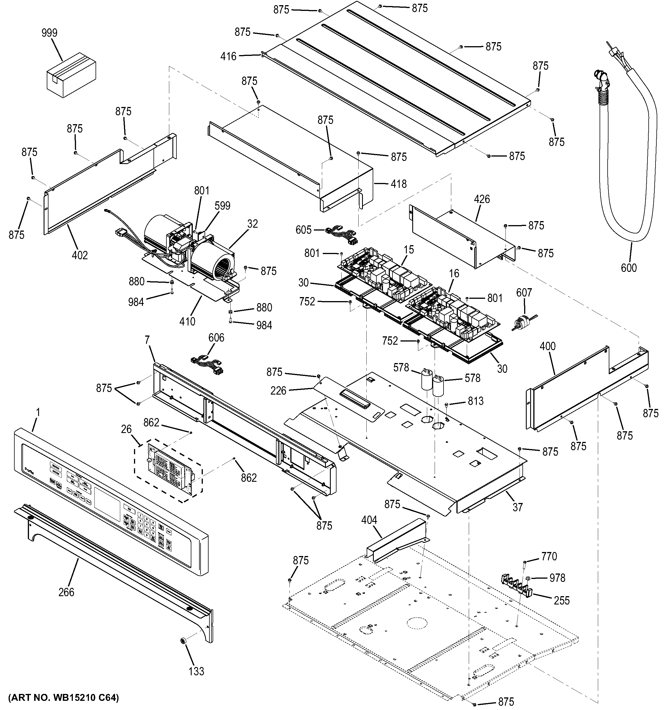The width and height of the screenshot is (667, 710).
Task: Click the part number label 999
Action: pyautogui.click(x=49, y=33)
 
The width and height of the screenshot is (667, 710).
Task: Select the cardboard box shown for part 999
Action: pyautogui.click(x=71, y=74)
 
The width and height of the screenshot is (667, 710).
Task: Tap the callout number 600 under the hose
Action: pyautogui.click(x=629, y=268)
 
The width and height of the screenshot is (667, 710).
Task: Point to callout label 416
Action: pyautogui.click(x=228, y=56)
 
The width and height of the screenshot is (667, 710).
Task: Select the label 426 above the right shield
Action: pyautogui.click(x=482, y=199)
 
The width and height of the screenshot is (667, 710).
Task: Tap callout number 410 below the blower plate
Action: pyautogui.click(x=187, y=321)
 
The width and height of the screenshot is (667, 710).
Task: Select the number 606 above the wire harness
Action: pyautogui.click(x=216, y=338)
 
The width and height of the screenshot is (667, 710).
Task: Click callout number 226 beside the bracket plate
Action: pyautogui.click(x=278, y=391)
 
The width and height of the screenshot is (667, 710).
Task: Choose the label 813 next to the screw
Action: pyautogui.click(x=476, y=401)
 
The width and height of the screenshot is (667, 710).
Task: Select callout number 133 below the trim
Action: pyautogui.click(x=196, y=671)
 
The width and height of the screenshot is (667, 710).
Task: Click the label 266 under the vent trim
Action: pyautogui.click(x=67, y=592)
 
